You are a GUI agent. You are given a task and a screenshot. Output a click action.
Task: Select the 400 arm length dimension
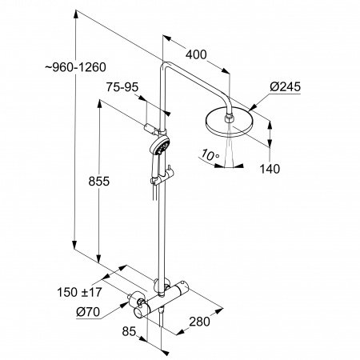point(195,55)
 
